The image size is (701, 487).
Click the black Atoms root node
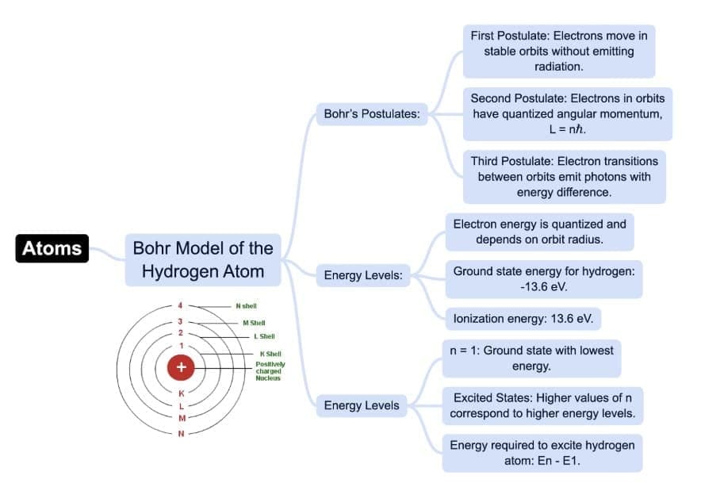click(x=52, y=248)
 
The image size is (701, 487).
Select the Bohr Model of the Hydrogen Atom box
click(x=202, y=260)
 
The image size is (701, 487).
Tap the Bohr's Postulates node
click(x=371, y=114)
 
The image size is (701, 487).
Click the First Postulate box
click(x=558, y=51)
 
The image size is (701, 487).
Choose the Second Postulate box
click(x=567, y=114)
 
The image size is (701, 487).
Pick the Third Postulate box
click(x=564, y=177)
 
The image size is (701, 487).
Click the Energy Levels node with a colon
click(x=363, y=276)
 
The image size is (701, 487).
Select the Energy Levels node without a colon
click(x=361, y=405)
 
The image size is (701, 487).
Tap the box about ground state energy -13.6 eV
click(x=543, y=278)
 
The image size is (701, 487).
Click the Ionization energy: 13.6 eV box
click(x=523, y=319)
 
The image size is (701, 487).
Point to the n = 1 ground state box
click(x=531, y=359)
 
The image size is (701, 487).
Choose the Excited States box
click(x=542, y=405)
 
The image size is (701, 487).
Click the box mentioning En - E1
click(x=542, y=453)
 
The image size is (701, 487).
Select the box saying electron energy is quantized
click(x=539, y=232)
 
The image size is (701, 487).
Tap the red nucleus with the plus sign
click(x=182, y=367)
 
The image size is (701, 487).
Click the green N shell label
click(x=246, y=305)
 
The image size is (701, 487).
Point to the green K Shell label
click(x=270, y=354)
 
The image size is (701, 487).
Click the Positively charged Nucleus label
click(x=270, y=371)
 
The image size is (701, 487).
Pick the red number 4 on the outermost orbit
click(x=181, y=305)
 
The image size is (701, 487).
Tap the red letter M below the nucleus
click(x=182, y=418)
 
